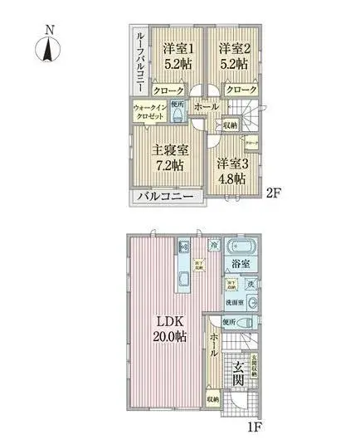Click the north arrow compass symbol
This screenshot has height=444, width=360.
point(49,46)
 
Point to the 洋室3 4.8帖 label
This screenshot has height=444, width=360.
point(230,170)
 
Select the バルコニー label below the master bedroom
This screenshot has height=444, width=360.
point(165,197)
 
